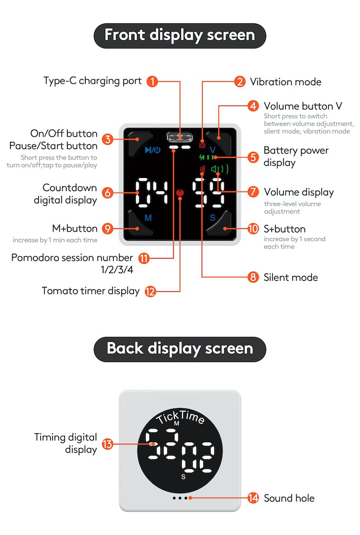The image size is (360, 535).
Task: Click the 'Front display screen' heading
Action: pyautogui.click(x=179, y=35)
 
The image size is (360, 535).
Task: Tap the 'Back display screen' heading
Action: pyautogui.click(x=179, y=349)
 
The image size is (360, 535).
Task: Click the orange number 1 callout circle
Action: pyautogui.click(x=152, y=82)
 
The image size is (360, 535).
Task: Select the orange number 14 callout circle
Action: pyautogui.click(x=254, y=498)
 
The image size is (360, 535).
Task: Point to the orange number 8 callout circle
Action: pyautogui.click(x=254, y=277)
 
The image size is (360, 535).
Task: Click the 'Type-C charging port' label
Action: pyautogui.click(x=92, y=81)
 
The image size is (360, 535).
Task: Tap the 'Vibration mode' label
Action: pyautogui.click(x=285, y=82)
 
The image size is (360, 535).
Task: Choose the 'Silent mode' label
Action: pyautogui.click(x=291, y=277)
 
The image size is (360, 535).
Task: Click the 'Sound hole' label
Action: pyautogui.click(x=289, y=498)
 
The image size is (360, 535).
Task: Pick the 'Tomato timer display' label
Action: pyautogui.click(x=91, y=291)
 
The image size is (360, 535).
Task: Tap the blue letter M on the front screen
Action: pyautogui.click(x=148, y=218)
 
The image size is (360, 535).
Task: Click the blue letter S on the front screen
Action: pyautogui.click(x=212, y=218)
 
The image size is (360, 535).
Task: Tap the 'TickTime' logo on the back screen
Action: pyautogui.click(x=180, y=418)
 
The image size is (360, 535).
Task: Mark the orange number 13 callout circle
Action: pyautogui.click(x=107, y=444)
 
